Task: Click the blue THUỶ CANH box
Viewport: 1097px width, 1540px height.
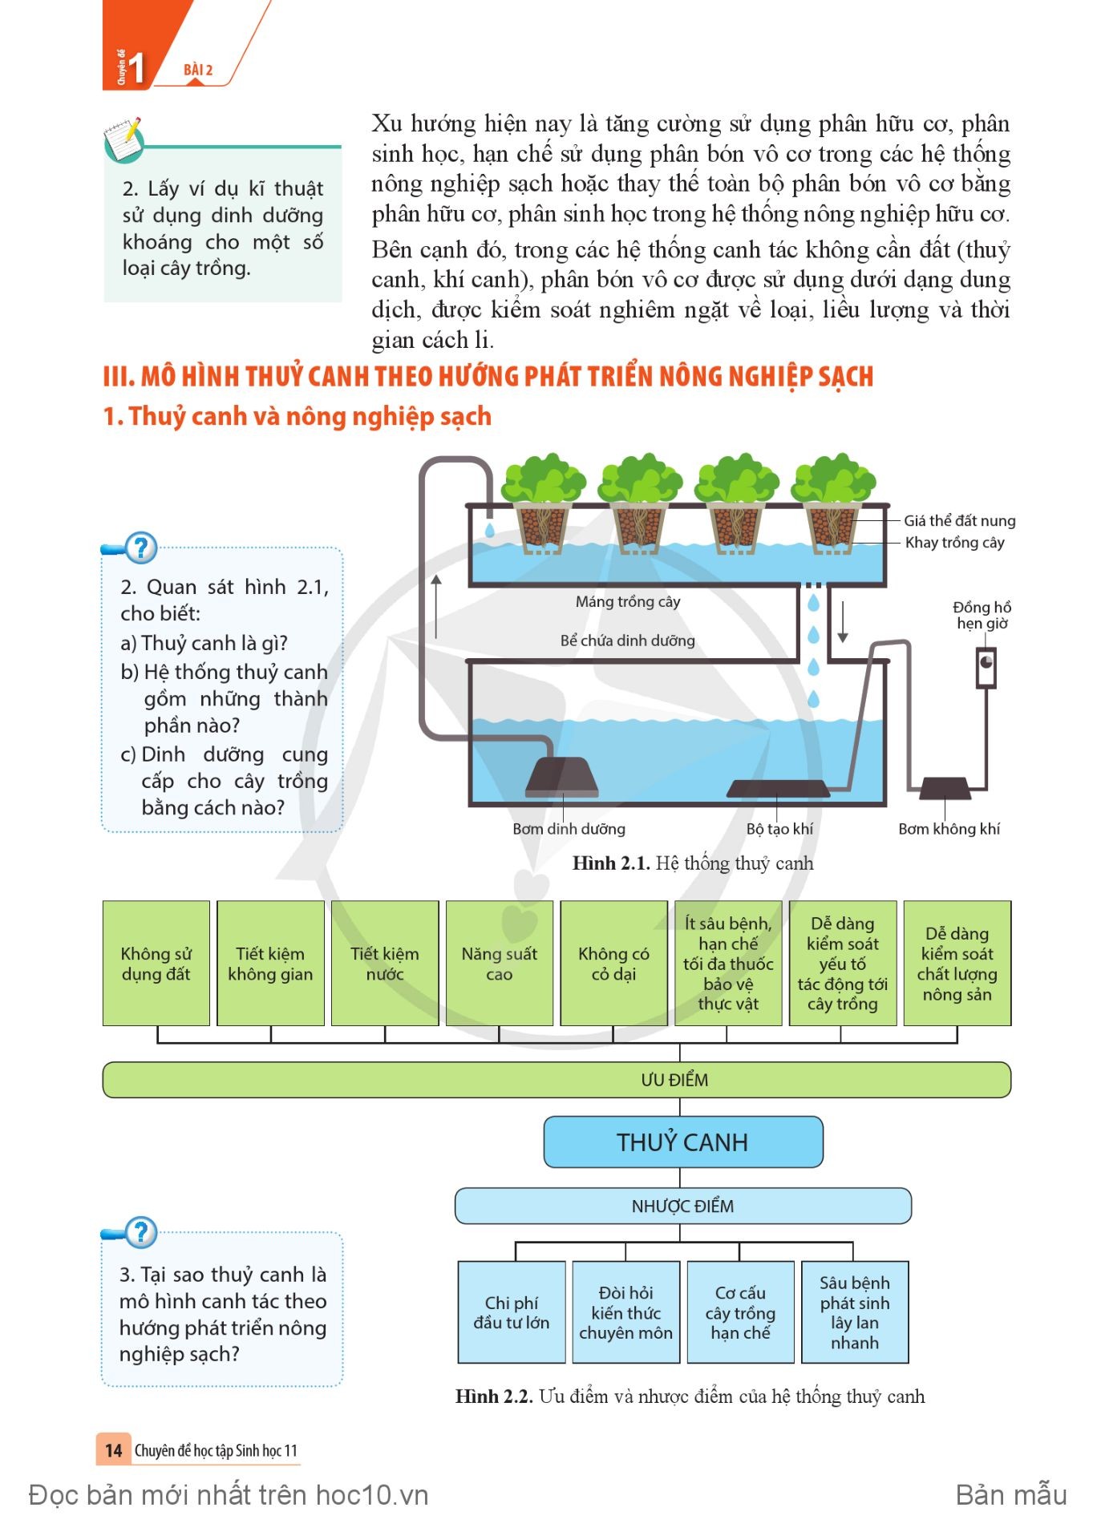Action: (682, 1142)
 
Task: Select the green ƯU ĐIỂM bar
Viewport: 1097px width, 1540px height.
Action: (557, 1079)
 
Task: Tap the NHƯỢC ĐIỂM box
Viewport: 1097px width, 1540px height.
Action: (682, 1206)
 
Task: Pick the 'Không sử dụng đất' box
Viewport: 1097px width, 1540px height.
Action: (156, 963)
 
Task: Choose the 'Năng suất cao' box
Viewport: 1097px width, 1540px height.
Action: (499, 963)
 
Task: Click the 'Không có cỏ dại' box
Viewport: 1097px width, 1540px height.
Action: (613, 963)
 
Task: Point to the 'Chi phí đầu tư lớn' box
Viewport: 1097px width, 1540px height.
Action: (512, 1312)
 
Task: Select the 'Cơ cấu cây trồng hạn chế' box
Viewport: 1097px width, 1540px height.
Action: (740, 1312)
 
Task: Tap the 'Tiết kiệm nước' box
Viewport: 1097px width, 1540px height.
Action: (385, 963)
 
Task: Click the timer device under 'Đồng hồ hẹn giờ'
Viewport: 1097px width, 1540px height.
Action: (986, 667)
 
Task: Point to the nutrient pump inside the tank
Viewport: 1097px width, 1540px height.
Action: (562, 776)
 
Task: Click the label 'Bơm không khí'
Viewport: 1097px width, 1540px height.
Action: (949, 829)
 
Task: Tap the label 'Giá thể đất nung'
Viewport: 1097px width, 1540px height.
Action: (960, 520)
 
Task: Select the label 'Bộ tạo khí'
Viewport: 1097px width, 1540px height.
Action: (779, 829)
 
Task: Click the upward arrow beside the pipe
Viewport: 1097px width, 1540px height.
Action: (436, 606)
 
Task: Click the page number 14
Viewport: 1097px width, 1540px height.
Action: (113, 1450)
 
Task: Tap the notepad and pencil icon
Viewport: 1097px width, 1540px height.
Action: (123, 139)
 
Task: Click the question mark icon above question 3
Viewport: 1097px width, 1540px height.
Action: (141, 1232)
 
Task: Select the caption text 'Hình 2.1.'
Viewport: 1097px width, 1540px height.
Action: (610, 863)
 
